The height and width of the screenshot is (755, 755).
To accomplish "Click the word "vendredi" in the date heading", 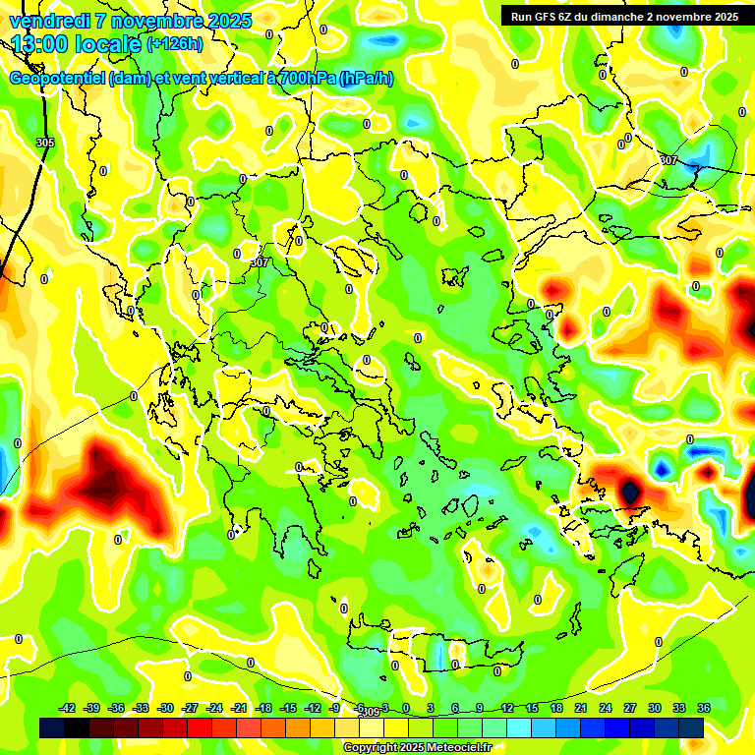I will click(49, 21).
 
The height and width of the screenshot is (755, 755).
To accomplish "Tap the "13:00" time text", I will click(40, 44).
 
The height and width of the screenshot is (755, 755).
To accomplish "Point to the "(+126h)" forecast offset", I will click(174, 44).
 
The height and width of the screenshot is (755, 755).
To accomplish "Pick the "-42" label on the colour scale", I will click(68, 708).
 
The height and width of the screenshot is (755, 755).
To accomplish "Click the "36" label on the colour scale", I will click(704, 708).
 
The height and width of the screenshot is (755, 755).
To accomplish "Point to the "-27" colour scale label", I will click(191, 708).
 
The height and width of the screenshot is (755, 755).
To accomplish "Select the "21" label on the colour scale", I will click(581, 708).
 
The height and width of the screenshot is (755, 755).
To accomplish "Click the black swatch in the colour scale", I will click(77, 727).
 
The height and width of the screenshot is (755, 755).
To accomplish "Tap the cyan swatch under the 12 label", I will click(507, 727).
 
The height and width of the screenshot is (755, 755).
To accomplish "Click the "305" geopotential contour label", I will click(44, 143).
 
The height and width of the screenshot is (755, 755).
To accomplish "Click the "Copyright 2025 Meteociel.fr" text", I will click(417, 747).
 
